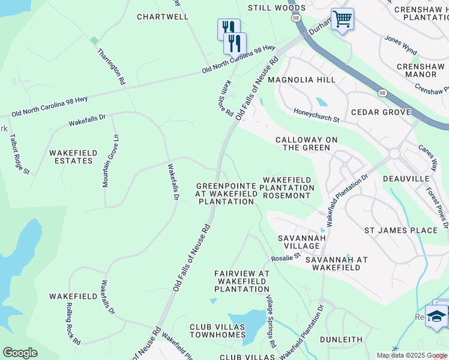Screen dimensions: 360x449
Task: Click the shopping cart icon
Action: [342, 19]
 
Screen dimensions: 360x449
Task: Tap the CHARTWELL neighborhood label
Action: [163, 17]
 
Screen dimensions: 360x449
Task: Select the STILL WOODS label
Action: [277, 8]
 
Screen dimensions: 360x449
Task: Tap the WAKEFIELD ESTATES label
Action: [73, 157]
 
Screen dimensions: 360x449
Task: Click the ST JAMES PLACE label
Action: [401, 230]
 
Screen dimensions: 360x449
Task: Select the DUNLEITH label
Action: [341, 339]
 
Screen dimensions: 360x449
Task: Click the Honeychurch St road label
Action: [316, 115]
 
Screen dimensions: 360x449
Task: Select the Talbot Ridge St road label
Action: [20, 154]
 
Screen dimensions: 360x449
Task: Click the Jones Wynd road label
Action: [400, 43]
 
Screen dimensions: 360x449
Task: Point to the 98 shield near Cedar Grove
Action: [382, 92]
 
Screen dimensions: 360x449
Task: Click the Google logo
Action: [20, 352]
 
